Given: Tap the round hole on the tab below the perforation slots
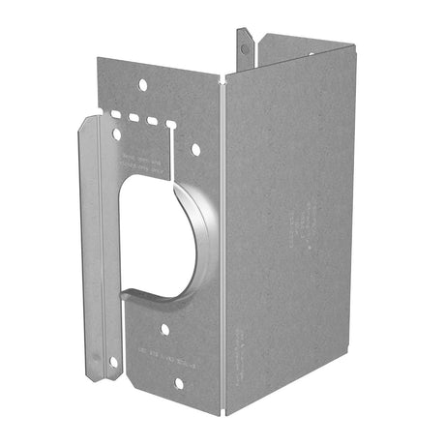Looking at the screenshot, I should tap(118, 134).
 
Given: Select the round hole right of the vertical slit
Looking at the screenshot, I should tap(195, 149).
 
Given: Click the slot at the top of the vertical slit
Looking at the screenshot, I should tap(172, 125).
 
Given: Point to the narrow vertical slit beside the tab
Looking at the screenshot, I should tap(172, 145).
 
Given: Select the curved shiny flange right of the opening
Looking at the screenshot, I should tap(209, 232).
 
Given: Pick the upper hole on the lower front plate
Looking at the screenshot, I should tap(165, 329).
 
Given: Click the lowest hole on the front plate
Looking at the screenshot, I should tap(179, 383).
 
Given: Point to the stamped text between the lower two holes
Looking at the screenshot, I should tap(172, 356).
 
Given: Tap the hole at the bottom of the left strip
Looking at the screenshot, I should tap(113, 362).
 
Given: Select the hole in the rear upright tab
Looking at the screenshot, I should tap(245, 43).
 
